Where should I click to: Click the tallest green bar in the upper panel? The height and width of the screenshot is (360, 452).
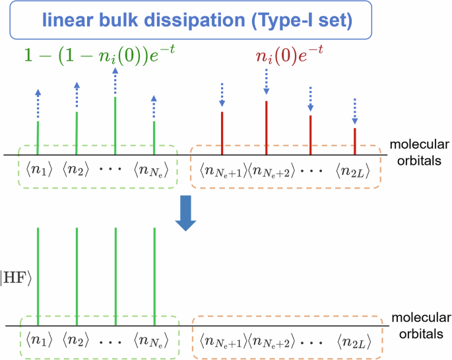coord(115,125)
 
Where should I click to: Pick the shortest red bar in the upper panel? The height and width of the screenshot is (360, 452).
coord(355,141)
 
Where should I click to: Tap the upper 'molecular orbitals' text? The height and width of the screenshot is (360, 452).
coord(416,150)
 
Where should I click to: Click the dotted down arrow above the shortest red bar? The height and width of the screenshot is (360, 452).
coord(355,111)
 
